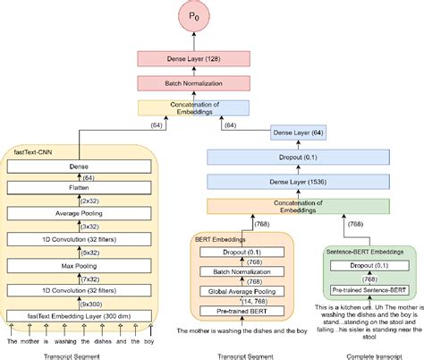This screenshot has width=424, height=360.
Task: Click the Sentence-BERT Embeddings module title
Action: click(x=367, y=254)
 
